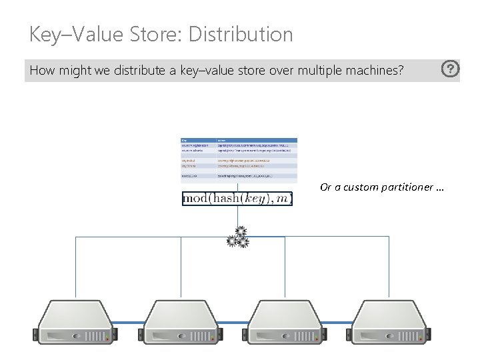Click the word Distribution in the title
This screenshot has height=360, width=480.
point(241,34)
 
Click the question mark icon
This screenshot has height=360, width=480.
point(451,69)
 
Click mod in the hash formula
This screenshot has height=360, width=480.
point(196,199)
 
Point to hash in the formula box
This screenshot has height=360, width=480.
point(223,199)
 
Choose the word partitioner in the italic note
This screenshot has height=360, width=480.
point(407,187)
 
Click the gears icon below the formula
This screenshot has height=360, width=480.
point(238,237)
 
